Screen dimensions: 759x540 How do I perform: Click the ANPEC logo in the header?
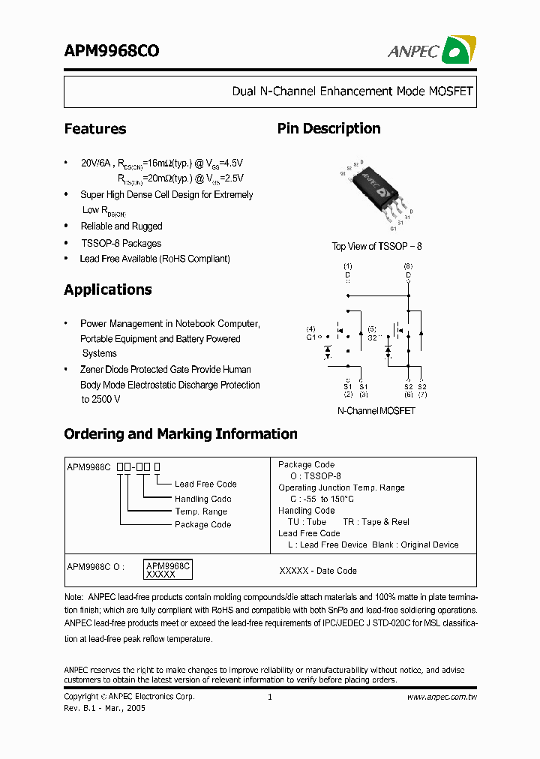(x=431, y=50)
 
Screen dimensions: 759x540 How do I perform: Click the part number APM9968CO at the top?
(x=111, y=51)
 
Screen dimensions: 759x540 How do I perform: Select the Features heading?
(x=94, y=129)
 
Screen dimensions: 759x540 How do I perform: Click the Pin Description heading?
(x=328, y=129)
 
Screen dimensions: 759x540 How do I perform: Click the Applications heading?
(x=107, y=290)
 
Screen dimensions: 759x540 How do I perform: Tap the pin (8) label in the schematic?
(x=408, y=266)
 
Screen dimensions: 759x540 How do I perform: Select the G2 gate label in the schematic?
(x=372, y=338)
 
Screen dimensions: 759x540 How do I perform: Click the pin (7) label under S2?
(x=423, y=394)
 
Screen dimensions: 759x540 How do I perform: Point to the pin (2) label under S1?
(x=348, y=394)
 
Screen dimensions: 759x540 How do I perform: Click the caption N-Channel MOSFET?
(x=376, y=411)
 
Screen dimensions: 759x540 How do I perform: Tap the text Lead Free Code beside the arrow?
(x=205, y=484)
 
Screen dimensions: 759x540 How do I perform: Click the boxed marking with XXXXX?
(x=168, y=570)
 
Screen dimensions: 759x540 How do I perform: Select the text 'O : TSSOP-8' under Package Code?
(x=315, y=476)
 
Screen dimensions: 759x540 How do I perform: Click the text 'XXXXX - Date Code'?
(x=318, y=571)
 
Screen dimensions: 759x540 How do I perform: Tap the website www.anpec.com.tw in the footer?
(x=442, y=697)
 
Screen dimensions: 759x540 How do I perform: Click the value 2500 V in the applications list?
(x=106, y=400)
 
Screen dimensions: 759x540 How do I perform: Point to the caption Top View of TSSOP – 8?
(x=376, y=246)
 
